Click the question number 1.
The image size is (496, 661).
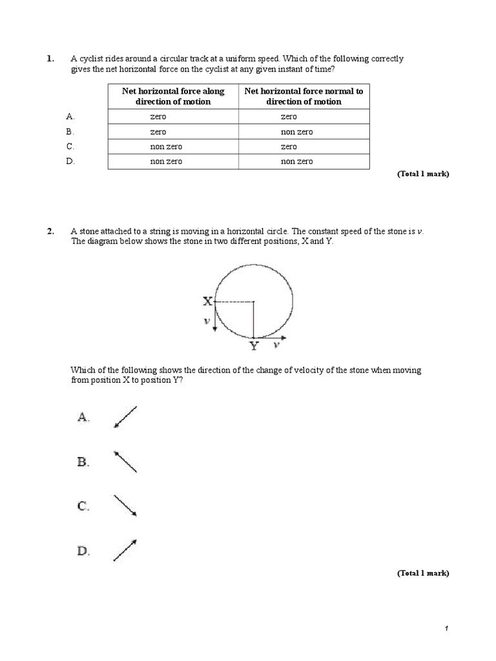click(50, 59)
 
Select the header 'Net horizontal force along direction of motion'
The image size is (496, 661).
click(173, 96)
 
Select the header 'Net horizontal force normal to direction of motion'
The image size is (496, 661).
click(304, 96)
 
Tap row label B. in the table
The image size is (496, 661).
click(70, 132)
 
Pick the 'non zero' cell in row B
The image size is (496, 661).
click(296, 132)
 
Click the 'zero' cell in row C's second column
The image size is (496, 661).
click(289, 147)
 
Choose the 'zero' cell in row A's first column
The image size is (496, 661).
click(158, 117)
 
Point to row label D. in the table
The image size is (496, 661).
click(70, 161)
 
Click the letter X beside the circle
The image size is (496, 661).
click(207, 301)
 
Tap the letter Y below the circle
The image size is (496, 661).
click(254, 347)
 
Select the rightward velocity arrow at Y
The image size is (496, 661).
click(271, 338)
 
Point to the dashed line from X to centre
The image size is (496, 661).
click(233, 301)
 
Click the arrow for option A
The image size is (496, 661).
click(125, 417)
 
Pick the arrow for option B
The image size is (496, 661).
click(125, 462)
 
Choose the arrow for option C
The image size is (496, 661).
click(125, 506)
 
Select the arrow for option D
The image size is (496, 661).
click(125, 550)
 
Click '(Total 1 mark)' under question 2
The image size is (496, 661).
click(422, 573)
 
